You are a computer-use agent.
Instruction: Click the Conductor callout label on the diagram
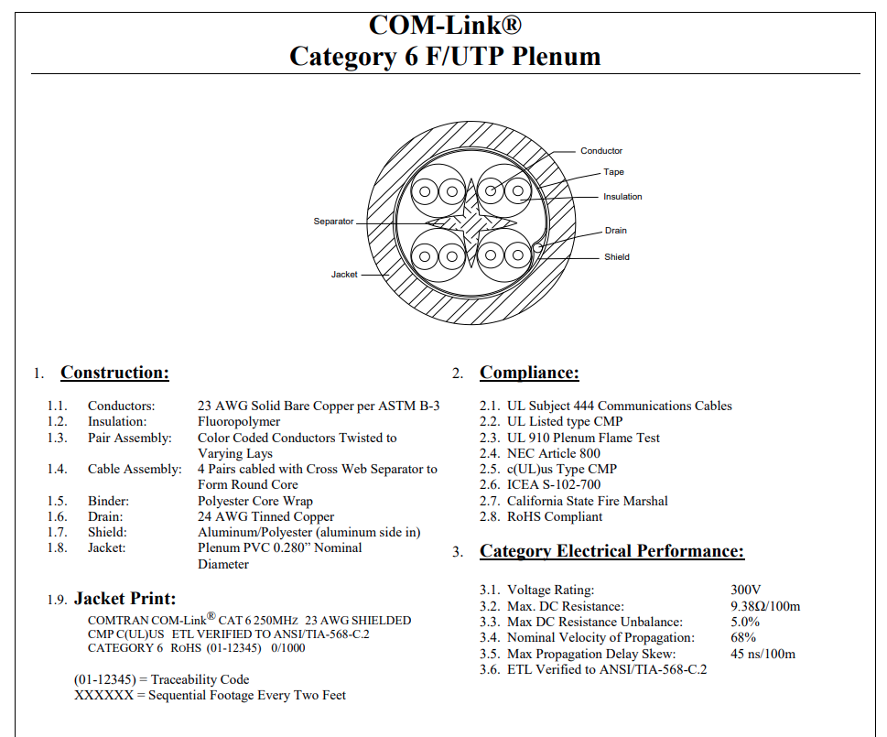point(600,151)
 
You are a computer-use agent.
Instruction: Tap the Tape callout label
point(613,172)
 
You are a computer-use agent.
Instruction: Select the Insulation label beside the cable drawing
point(622,197)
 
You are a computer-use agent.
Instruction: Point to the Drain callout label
point(615,231)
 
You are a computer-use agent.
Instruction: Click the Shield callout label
point(617,256)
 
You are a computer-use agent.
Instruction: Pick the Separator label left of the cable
point(333,222)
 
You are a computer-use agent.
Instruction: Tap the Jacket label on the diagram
point(344,275)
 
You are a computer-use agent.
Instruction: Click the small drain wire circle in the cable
point(537,248)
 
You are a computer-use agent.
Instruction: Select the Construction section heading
point(114,373)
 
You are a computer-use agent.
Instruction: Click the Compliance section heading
point(529,373)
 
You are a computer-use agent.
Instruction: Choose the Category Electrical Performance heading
point(612,551)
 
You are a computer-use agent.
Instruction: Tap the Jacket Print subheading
point(125,599)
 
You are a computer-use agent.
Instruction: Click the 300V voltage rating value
point(746,590)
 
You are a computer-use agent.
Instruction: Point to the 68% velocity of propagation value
point(743,637)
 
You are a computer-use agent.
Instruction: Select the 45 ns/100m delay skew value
point(763,654)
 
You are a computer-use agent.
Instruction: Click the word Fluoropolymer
point(239,422)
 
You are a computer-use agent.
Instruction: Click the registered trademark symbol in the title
point(512,25)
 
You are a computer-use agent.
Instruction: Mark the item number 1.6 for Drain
point(57,517)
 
